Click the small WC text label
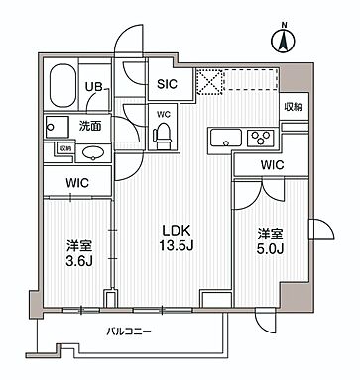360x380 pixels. (164, 113)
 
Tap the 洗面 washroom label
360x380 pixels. (91, 126)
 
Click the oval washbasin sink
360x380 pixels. (93, 152)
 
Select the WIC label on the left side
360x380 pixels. (75, 182)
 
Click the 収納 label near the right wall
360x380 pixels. (294, 107)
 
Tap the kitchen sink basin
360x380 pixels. (223, 138)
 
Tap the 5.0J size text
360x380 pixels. (271, 248)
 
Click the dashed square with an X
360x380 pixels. (209, 81)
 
